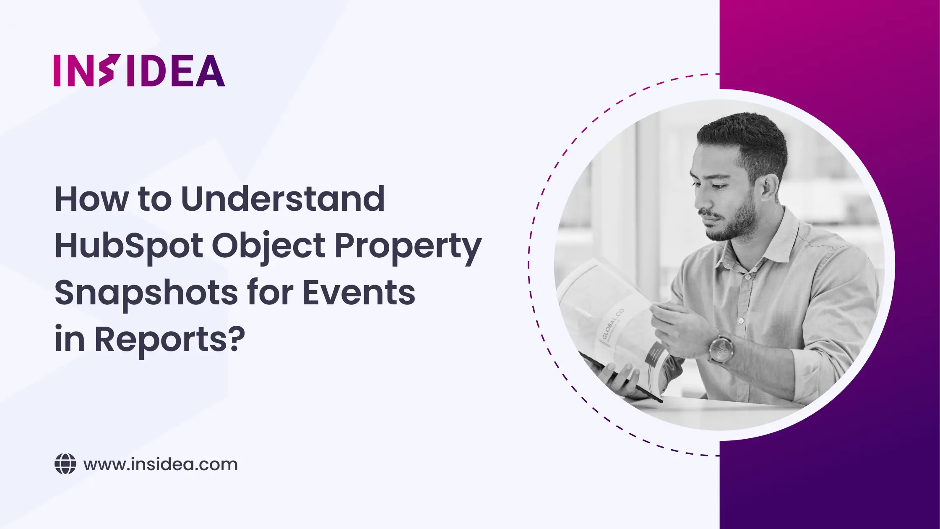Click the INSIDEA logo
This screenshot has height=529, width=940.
tap(139, 71)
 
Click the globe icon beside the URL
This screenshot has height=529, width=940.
tap(65, 464)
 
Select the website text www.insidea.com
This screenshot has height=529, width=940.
tap(160, 464)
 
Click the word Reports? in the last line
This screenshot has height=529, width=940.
tap(169, 339)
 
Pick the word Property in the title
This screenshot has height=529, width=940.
tap(408, 247)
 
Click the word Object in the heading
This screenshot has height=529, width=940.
tap(268, 246)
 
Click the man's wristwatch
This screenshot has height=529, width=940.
tap(721, 348)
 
